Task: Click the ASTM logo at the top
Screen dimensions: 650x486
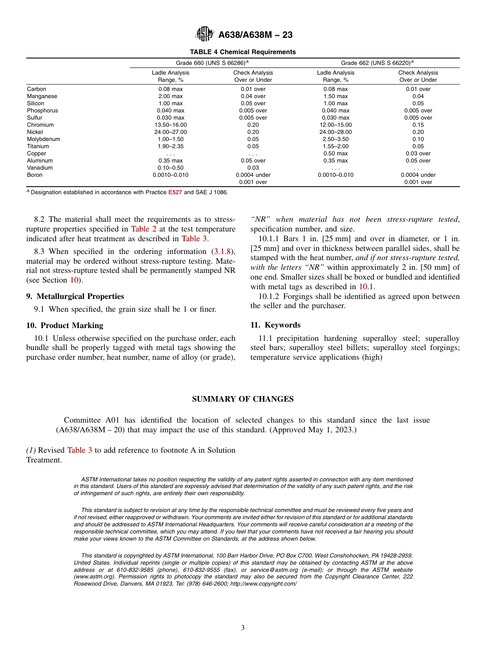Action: [x=205, y=35]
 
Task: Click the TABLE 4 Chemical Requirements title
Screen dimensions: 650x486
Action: [x=242, y=52]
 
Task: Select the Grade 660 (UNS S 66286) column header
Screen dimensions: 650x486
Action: [x=212, y=63]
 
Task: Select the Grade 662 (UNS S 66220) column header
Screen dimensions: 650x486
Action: [x=377, y=63]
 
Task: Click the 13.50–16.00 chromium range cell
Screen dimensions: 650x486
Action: [x=170, y=125]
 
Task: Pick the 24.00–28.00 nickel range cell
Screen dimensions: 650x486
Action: [x=335, y=132]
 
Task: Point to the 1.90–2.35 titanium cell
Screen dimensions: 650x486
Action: [x=170, y=146]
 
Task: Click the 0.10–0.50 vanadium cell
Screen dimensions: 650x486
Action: [x=170, y=168]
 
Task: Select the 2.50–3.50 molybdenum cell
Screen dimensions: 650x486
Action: [x=335, y=139]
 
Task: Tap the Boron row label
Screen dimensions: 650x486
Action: [x=35, y=175]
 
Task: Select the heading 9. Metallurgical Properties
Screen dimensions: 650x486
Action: [x=75, y=296]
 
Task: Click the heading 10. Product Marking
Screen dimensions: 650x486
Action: [x=64, y=326]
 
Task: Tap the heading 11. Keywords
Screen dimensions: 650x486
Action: [x=275, y=325]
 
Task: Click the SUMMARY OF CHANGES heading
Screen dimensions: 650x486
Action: [x=242, y=399]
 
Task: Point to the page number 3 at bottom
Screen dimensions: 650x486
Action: [x=243, y=628]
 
